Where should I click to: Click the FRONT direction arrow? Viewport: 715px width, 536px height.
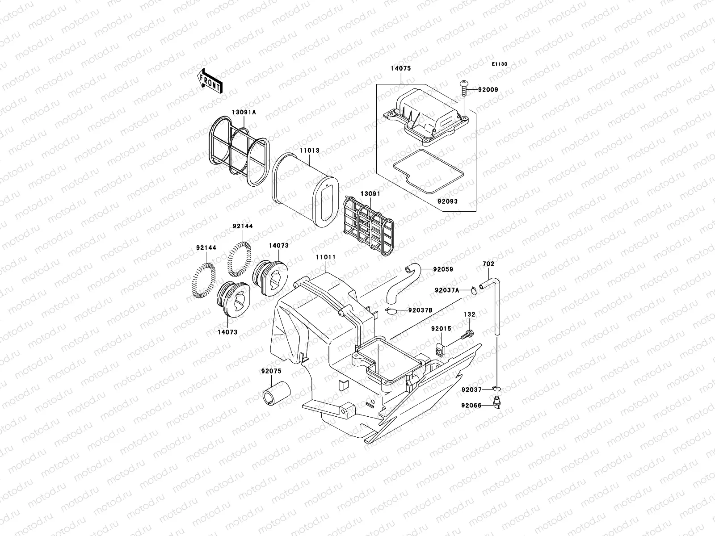click(210, 81)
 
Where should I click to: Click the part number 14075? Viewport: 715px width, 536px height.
click(401, 69)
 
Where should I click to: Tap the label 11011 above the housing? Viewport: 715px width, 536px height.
click(326, 258)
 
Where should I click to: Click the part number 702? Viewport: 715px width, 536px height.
click(488, 264)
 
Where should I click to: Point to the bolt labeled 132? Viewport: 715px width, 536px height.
click(468, 333)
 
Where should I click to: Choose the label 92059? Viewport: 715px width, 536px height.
click(443, 269)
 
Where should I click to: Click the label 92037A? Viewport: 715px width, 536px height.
click(446, 290)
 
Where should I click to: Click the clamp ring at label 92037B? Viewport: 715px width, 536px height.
click(391, 311)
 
